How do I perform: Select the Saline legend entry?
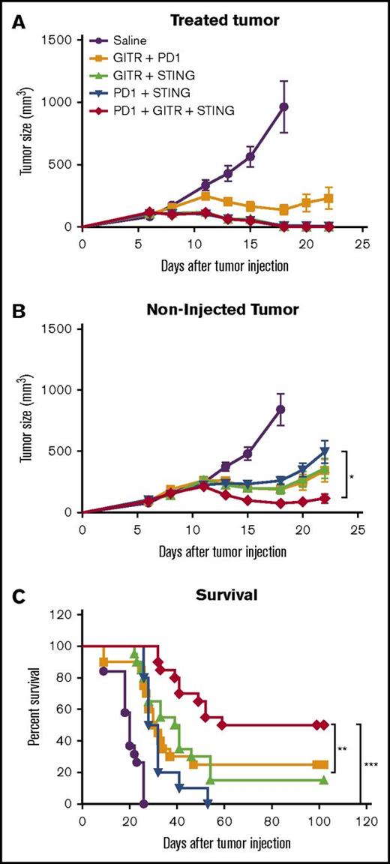point(130,40)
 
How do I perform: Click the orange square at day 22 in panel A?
point(328,199)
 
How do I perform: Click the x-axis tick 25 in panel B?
point(358,528)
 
